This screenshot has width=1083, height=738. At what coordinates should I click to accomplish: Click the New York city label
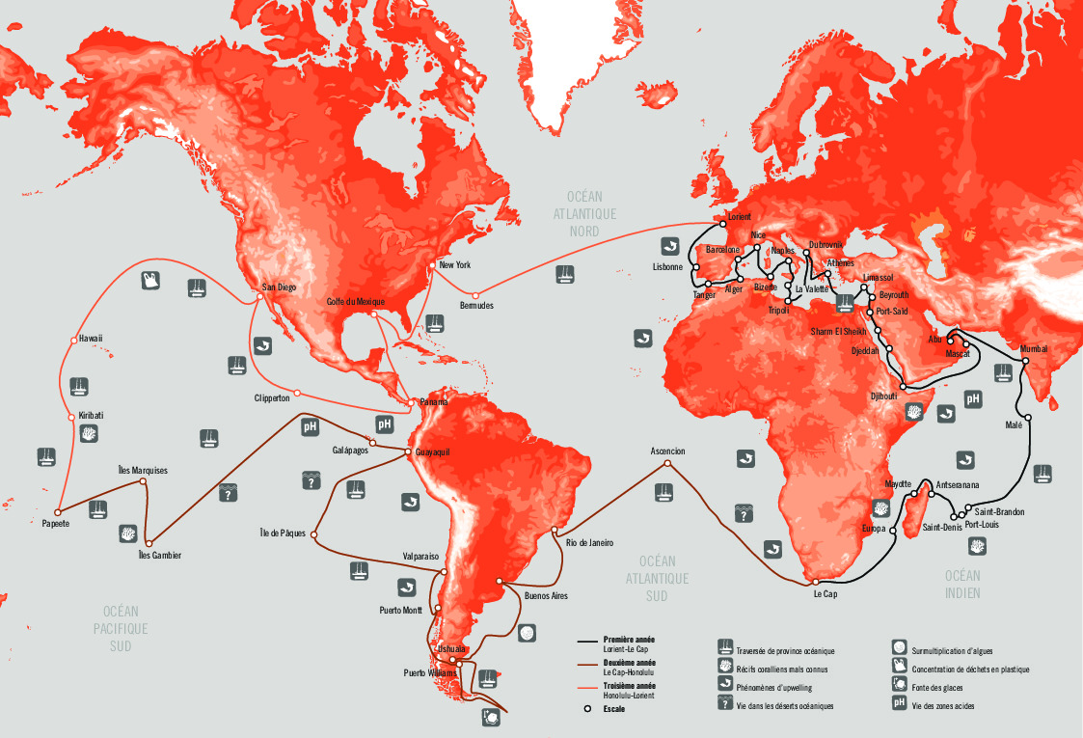click(454, 264)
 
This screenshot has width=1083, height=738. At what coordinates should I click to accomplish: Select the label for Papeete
click(55, 524)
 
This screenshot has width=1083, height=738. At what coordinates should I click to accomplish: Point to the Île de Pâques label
click(283, 533)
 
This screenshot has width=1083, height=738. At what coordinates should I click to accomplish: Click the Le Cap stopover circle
click(816, 583)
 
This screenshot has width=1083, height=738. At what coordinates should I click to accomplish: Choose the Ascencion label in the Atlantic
click(667, 451)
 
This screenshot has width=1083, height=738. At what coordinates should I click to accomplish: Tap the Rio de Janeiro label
click(589, 542)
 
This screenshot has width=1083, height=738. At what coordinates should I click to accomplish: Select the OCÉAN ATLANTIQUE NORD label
click(585, 213)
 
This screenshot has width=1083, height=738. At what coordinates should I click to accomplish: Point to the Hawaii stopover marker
click(72, 340)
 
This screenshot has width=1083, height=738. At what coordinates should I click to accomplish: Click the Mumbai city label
click(1033, 348)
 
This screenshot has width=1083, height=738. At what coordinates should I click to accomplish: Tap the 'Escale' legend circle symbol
click(585, 708)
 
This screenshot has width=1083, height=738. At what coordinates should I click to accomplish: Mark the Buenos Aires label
click(545, 596)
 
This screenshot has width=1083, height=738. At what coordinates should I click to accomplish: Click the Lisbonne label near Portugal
click(667, 266)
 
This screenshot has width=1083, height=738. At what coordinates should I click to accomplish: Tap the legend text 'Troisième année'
click(630, 685)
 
